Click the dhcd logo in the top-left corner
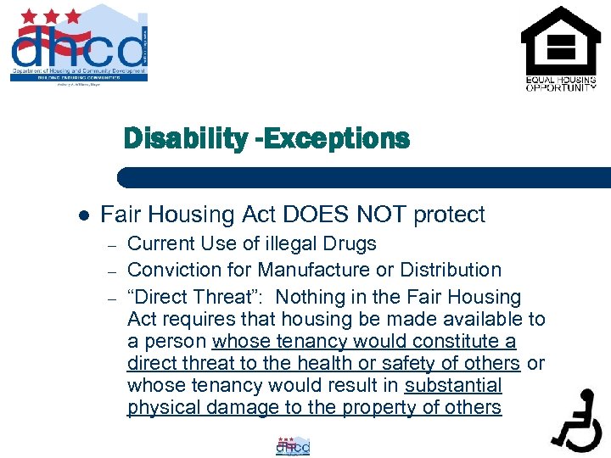pyautogui.click(x=78, y=47)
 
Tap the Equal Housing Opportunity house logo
pyautogui.click(x=560, y=47)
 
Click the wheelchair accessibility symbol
pyautogui.click(x=577, y=419)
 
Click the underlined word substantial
pyautogui.click(x=453, y=386)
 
